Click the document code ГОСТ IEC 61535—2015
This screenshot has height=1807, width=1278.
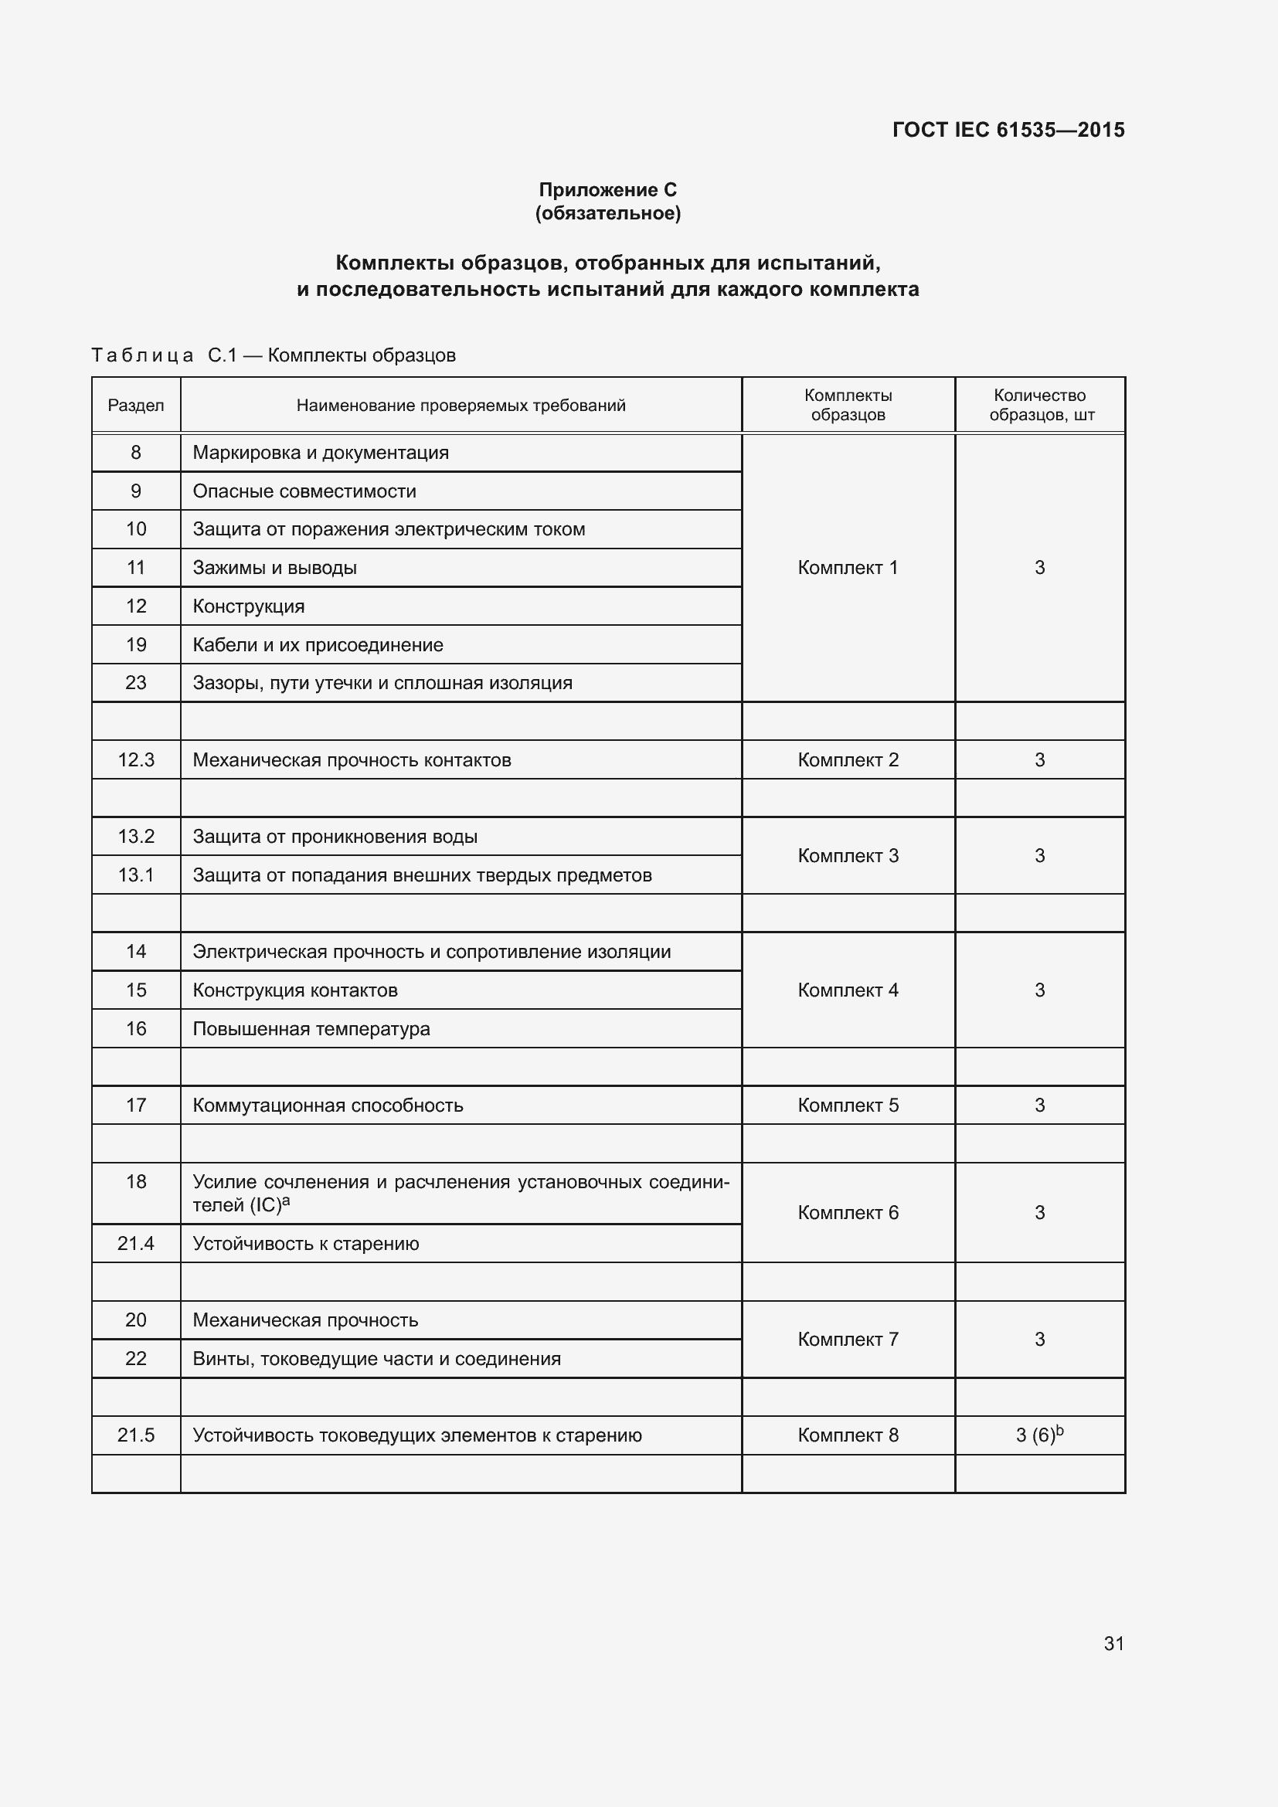point(1008,130)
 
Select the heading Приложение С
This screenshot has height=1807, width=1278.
point(607,190)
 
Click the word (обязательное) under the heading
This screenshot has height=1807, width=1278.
point(607,213)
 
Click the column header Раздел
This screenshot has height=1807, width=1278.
point(136,406)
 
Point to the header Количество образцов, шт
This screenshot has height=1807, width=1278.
point(1040,405)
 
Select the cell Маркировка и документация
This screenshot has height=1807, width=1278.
point(321,453)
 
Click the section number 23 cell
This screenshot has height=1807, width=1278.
point(136,682)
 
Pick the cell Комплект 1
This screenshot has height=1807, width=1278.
point(848,568)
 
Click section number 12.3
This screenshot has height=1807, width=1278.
point(136,759)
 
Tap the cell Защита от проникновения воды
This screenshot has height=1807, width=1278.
point(335,837)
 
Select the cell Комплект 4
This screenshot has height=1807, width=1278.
point(848,990)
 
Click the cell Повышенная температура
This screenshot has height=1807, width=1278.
point(311,1028)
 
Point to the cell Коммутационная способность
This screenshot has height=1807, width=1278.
point(328,1105)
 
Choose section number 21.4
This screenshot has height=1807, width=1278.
point(136,1244)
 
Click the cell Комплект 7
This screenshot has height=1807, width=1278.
point(848,1340)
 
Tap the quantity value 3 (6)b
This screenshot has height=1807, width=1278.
point(1039,1435)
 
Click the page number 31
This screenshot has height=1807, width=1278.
point(1113,1643)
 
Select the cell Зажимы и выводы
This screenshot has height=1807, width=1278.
point(274,568)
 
